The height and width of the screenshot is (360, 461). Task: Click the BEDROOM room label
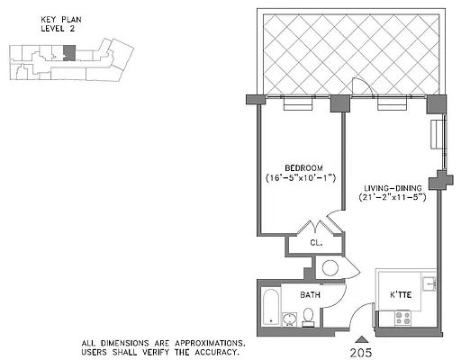298,168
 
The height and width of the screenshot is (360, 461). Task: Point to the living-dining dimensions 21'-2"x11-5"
391,197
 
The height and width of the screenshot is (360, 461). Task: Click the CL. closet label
316,243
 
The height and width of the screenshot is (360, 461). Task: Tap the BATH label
311,294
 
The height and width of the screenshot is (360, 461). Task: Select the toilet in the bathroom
308,315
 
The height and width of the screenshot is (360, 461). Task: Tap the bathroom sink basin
289,319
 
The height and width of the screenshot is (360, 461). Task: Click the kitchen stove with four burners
403,318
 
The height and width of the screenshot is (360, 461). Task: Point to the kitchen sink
432,284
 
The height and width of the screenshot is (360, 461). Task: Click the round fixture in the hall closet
329,268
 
